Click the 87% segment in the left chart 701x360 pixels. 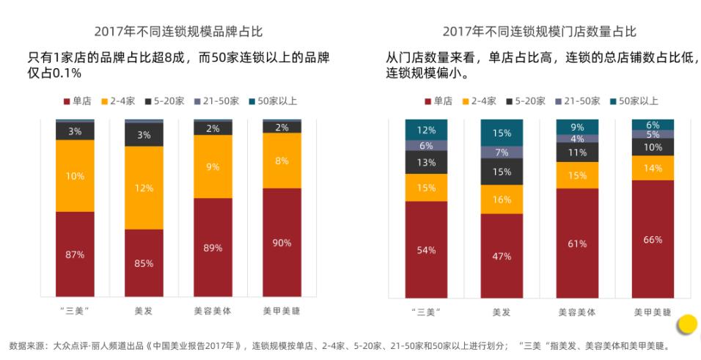point(75,254)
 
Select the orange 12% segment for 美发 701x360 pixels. point(144,188)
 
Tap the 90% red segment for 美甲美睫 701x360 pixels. point(282,243)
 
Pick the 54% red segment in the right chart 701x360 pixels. point(426,249)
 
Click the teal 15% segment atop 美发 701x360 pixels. point(502,133)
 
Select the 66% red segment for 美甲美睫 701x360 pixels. point(653,239)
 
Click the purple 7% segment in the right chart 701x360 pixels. point(502,153)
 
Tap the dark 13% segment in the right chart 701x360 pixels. point(426,163)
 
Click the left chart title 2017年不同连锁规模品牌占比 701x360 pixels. point(178,32)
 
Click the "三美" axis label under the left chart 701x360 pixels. point(75,311)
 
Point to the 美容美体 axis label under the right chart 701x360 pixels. point(577,312)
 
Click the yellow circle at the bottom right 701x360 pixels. point(686,323)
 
